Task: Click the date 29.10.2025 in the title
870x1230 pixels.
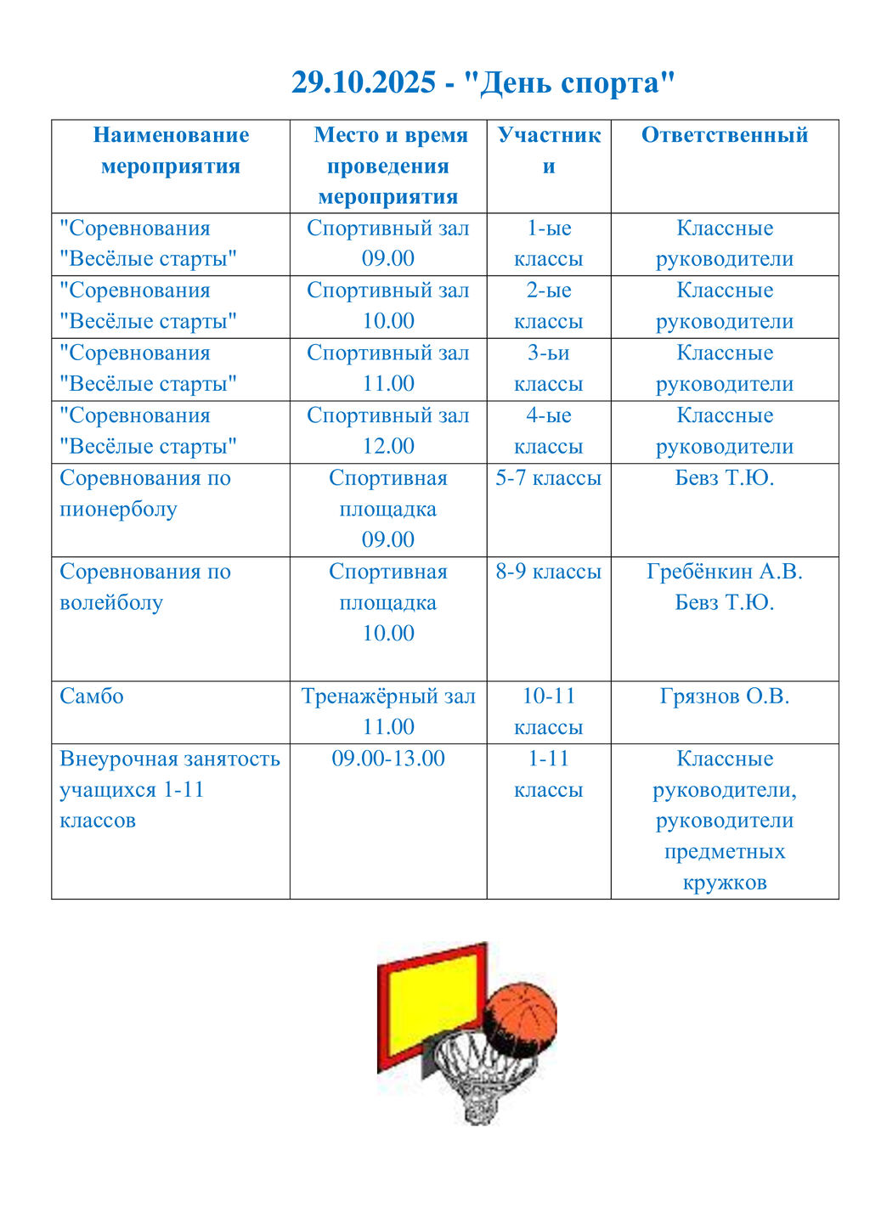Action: (363, 83)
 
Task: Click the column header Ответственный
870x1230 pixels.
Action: (724, 135)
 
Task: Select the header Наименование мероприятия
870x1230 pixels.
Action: (171, 150)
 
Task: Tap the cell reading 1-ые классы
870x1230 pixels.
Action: (548, 244)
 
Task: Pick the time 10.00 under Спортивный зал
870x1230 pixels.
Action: (388, 321)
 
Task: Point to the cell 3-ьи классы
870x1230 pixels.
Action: (548, 369)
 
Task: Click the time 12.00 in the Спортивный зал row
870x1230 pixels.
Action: (388, 446)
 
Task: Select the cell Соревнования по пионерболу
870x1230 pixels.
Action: (145, 494)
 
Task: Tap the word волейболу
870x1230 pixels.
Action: (111, 603)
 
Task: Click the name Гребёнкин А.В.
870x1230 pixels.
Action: (724, 572)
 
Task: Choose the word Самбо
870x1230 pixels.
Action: (92, 697)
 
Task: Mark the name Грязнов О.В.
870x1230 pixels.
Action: (724, 697)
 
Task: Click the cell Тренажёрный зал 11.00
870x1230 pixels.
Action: (388, 712)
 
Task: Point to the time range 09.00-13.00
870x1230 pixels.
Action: (388, 759)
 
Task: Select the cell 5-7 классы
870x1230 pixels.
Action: (548, 478)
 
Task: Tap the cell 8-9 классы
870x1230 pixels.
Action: (548, 572)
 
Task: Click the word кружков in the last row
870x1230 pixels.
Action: (724, 883)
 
